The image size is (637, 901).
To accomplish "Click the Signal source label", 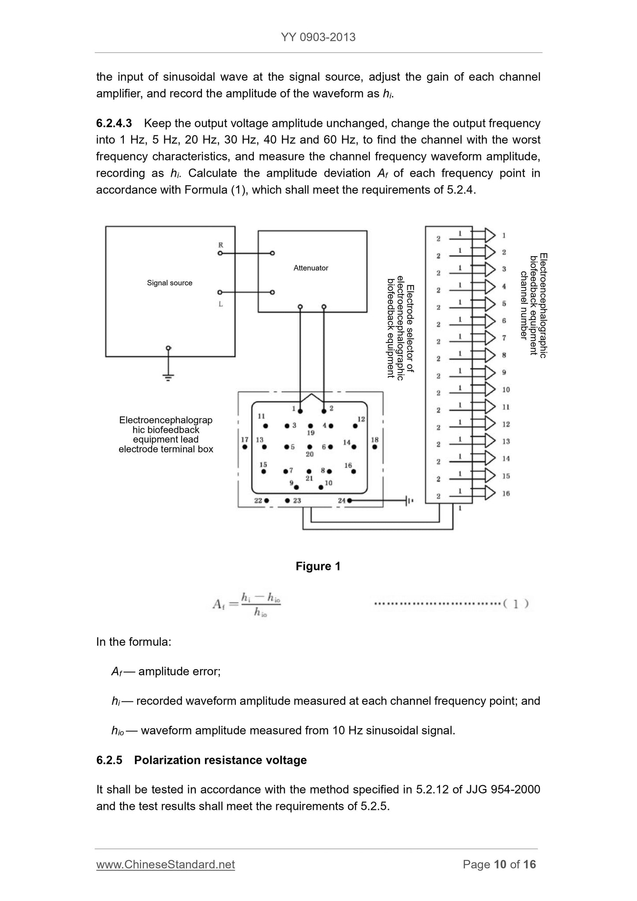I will (x=170, y=283).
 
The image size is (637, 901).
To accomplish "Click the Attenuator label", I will (x=311, y=268).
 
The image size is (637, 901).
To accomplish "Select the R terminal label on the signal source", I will (x=220, y=245).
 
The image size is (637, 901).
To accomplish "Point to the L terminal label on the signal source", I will (x=220, y=304).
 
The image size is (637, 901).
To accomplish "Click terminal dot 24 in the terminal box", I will (x=349, y=500).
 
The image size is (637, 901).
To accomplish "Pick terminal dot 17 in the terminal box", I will (x=245, y=447).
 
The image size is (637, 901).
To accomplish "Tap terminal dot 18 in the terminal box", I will (x=375, y=447).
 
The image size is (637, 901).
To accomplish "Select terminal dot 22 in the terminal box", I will (x=266, y=501).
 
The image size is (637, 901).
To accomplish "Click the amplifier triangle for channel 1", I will (x=490, y=235).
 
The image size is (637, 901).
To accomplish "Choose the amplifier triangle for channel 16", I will (x=490, y=493).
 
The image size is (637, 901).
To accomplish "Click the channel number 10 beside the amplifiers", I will (x=506, y=390).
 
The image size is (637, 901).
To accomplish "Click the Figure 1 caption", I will (x=318, y=566).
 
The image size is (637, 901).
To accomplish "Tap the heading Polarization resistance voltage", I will (x=220, y=760).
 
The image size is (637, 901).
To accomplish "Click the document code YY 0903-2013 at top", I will (x=318, y=37).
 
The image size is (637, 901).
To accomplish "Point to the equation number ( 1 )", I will (x=516, y=604).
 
